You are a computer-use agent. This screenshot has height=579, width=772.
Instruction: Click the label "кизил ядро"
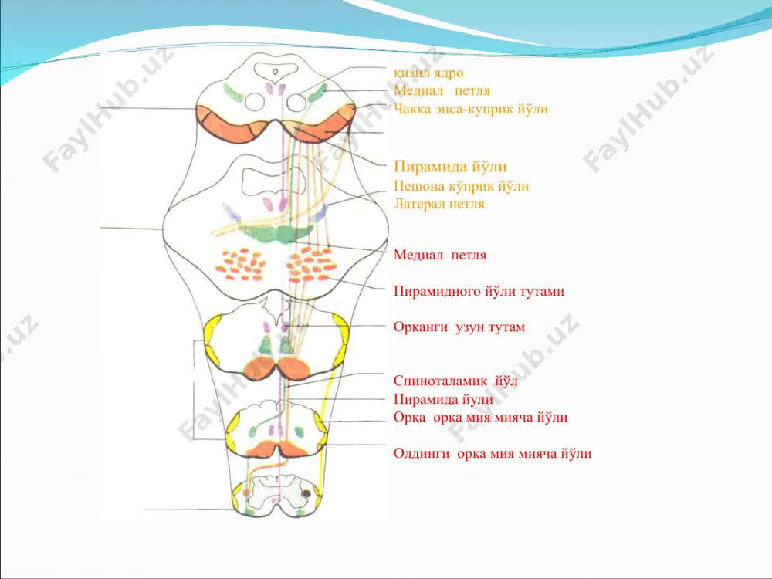(428, 73)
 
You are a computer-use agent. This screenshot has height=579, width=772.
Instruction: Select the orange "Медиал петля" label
(442, 90)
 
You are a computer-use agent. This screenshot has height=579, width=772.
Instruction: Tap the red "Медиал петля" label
(440, 255)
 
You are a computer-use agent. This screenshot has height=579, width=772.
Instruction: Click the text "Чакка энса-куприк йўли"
(471, 109)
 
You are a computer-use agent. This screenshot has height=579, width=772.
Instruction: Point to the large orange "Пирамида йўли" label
(450, 167)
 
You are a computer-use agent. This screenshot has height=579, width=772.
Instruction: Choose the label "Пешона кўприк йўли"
(461, 186)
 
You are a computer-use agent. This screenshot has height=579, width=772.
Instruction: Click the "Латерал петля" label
(438, 204)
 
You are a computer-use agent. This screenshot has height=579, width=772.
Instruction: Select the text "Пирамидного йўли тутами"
(479, 292)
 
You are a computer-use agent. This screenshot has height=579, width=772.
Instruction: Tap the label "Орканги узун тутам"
(459, 327)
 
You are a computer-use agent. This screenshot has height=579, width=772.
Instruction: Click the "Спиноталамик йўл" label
(455, 381)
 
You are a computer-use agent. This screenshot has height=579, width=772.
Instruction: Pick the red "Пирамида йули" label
(443, 399)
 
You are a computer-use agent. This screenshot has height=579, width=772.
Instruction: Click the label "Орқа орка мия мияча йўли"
(480, 418)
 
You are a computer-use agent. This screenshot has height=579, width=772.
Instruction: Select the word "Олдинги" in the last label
(422, 453)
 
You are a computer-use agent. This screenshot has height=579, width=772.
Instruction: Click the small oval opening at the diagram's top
(276, 72)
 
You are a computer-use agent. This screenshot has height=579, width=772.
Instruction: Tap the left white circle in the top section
(255, 103)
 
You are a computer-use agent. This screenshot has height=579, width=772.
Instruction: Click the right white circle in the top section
(296, 103)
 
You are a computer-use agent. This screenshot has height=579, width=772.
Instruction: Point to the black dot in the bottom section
(306, 493)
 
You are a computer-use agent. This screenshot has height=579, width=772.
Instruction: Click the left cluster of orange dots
(241, 264)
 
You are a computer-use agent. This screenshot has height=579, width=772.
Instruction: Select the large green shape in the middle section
(275, 233)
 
